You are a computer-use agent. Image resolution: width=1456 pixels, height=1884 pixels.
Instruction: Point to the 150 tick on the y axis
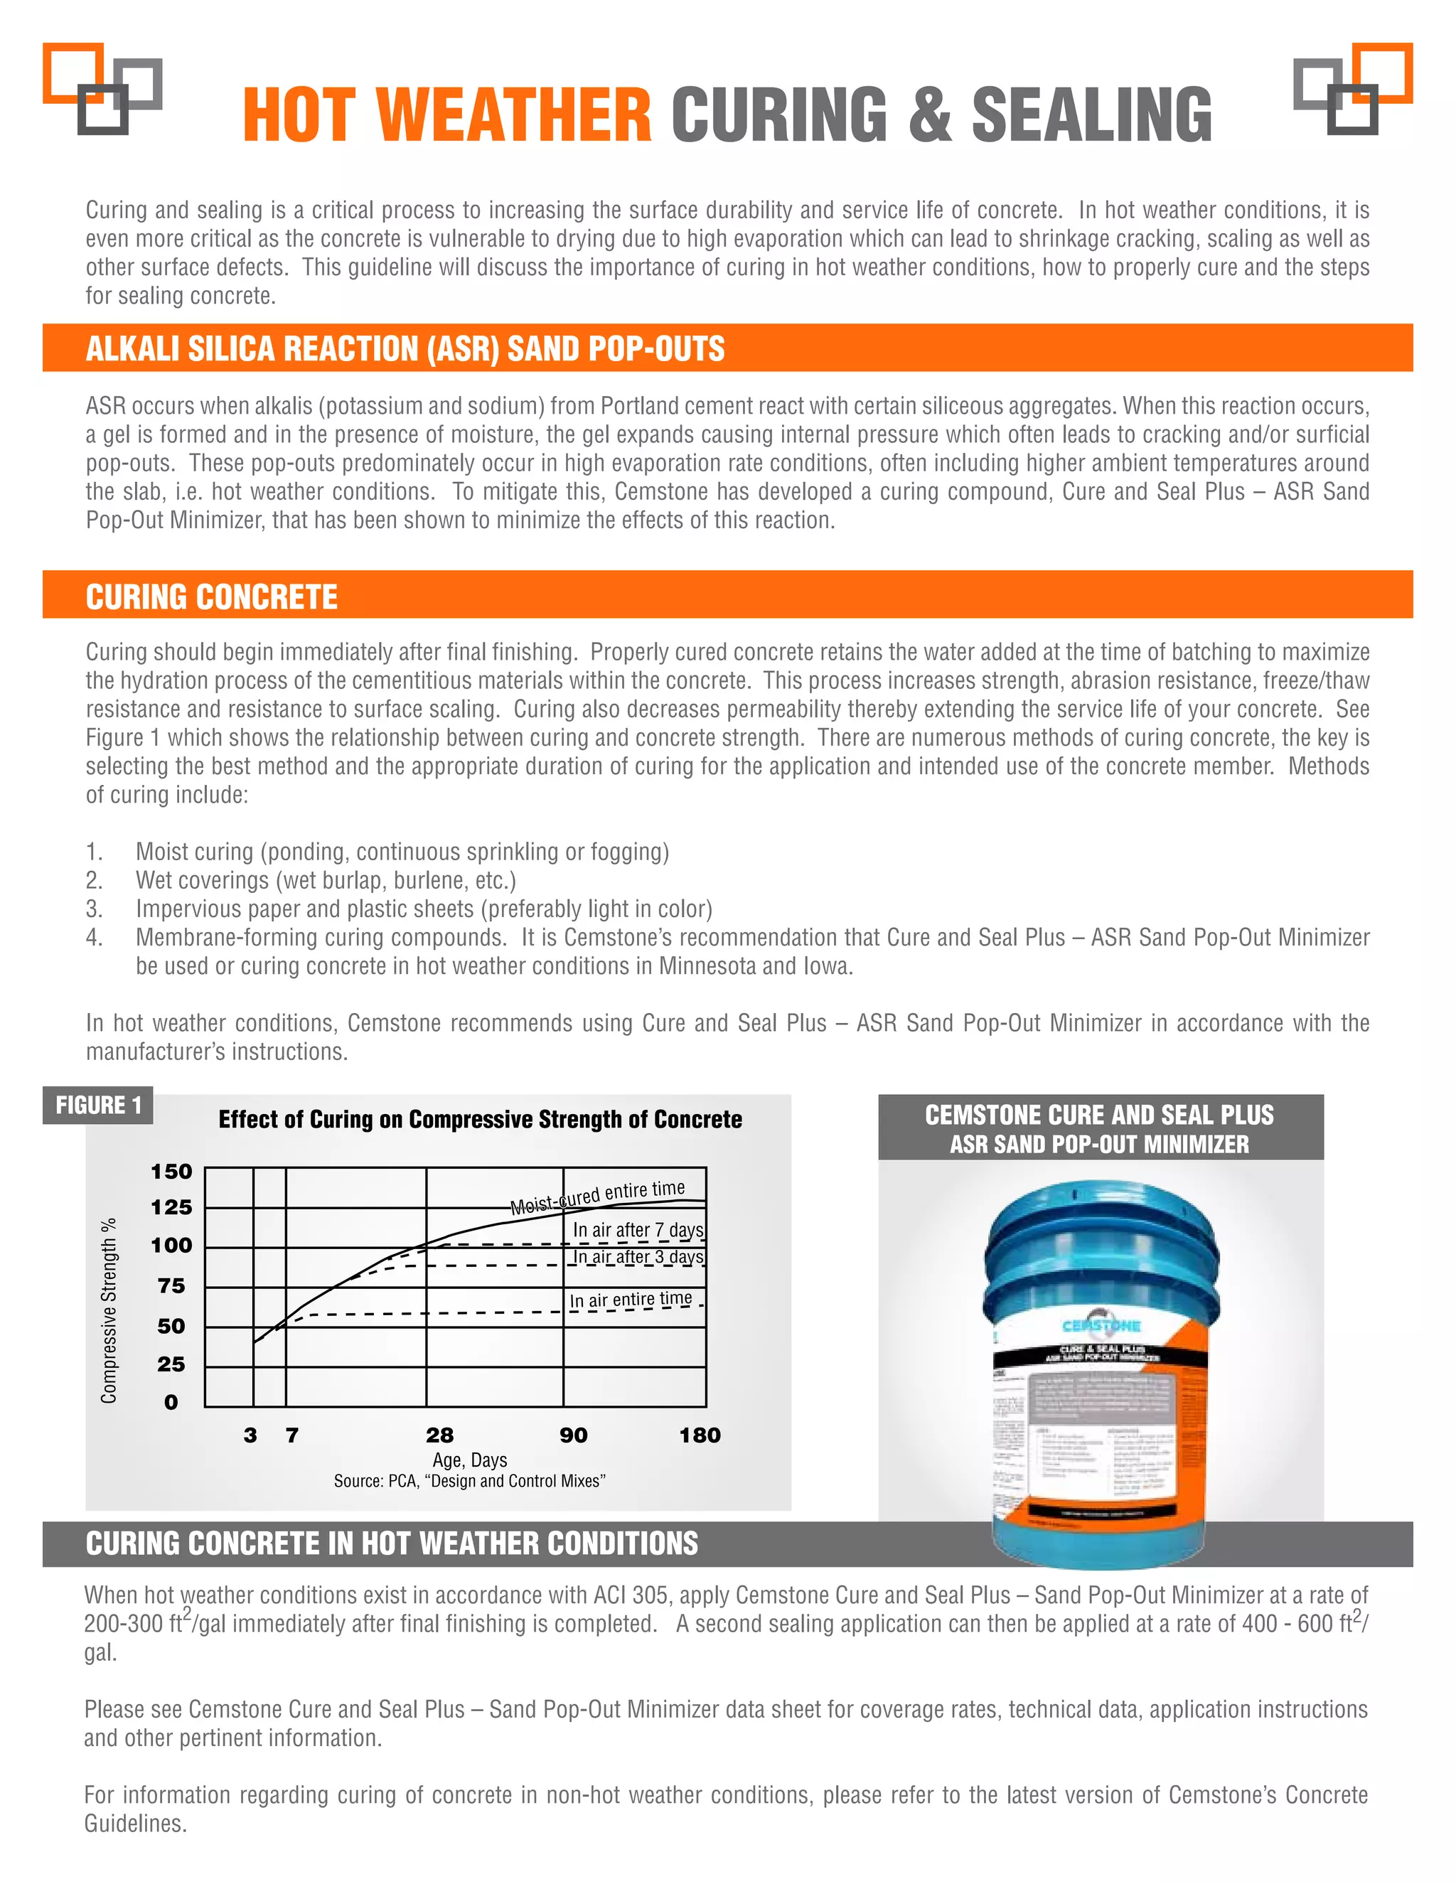[x=171, y=1172]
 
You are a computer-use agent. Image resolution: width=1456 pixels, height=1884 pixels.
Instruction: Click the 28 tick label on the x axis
[x=439, y=1435]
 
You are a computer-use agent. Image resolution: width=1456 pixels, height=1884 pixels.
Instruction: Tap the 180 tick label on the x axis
[x=700, y=1435]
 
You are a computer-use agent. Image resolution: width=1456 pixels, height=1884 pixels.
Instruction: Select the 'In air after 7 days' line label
[x=638, y=1230]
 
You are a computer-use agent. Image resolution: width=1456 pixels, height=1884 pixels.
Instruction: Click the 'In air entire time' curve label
[x=631, y=1300]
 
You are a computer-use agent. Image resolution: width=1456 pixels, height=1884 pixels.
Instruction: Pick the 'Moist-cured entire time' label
[x=597, y=1197]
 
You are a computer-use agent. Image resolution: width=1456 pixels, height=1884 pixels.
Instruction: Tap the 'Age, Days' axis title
[x=469, y=1460]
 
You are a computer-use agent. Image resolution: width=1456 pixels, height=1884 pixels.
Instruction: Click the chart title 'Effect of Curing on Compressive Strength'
[x=480, y=1120]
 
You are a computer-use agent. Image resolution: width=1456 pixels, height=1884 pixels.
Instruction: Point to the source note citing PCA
[x=469, y=1481]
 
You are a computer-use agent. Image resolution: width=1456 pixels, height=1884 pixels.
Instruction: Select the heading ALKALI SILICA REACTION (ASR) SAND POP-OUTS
[x=405, y=348]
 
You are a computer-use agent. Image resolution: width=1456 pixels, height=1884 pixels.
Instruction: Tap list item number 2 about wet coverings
[x=325, y=881]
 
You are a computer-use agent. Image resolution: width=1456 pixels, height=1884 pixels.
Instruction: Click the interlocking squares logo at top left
[x=102, y=89]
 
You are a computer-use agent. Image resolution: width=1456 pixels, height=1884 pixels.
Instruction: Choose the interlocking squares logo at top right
[x=1352, y=89]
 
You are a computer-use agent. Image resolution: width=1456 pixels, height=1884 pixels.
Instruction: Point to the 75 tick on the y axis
[x=171, y=1286]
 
